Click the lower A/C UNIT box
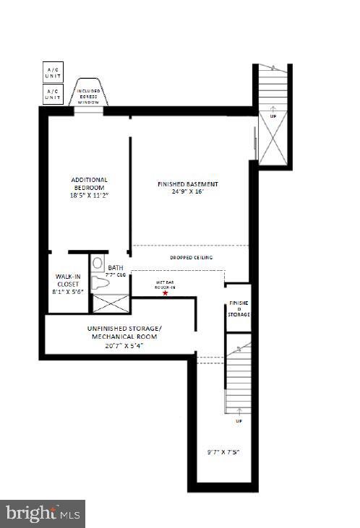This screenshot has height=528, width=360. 53,94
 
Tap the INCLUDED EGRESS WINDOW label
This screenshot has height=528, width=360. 90,96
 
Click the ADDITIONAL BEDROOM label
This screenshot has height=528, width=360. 89,183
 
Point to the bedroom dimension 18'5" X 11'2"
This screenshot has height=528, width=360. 89,195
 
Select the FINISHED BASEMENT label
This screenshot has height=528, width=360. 187,184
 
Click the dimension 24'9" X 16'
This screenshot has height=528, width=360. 187,192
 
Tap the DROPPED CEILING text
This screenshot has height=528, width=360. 191,257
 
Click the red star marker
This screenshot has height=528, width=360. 166,293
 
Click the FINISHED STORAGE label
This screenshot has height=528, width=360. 239,309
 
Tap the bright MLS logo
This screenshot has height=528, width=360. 43,514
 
